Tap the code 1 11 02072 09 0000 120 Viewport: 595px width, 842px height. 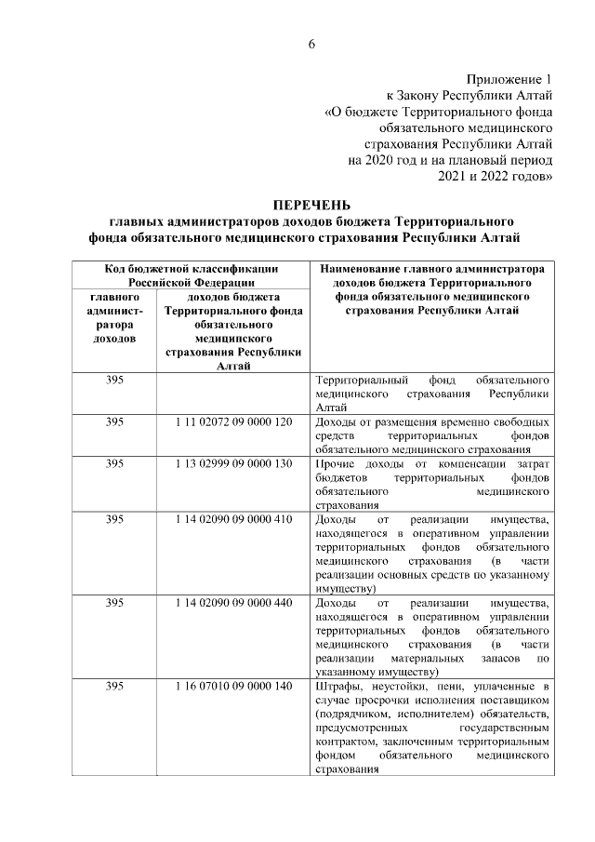tap(233, 421)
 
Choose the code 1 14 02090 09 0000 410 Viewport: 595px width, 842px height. tap(233, 518)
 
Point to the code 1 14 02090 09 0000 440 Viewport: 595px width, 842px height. tap(233, 602)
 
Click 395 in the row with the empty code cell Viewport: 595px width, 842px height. tap(114, 381)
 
